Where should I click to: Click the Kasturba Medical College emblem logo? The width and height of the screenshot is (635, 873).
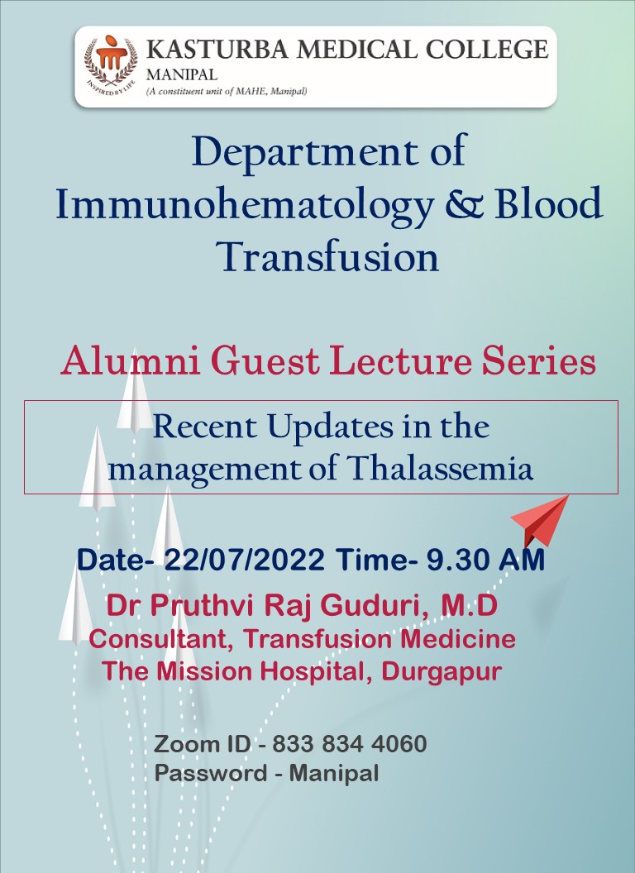click(110, 65)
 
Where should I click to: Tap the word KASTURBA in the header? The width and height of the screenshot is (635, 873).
click(217, 50)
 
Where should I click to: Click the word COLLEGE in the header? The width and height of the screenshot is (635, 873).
click(487, 50)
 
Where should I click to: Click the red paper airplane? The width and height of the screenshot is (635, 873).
click(539, 520)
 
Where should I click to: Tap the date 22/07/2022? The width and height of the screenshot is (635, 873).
click(245, 559)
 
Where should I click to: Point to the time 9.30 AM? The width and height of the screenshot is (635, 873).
click(485, 559)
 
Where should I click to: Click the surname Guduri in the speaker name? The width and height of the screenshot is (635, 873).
click(375, 606)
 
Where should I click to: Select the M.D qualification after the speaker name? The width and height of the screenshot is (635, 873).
click(469, 605)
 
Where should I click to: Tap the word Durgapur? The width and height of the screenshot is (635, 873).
click(442, 672)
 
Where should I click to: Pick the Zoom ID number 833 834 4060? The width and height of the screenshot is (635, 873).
click(349, 744)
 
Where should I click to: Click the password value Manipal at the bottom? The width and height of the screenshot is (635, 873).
click(334, 773)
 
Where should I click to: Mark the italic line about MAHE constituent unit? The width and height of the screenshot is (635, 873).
click(227, 91)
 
